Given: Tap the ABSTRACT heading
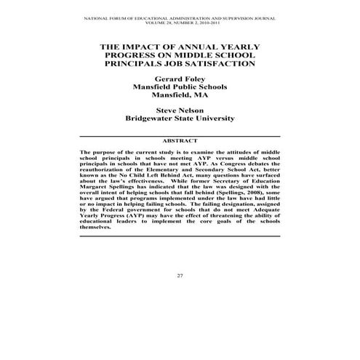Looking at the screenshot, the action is [x=180, y=140].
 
